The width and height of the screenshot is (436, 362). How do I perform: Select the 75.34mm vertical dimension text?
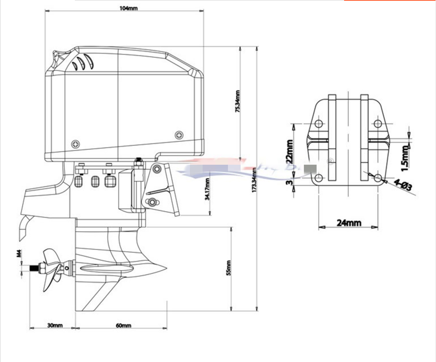(x=238, y=101)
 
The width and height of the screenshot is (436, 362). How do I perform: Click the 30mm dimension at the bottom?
(x=54, y=325)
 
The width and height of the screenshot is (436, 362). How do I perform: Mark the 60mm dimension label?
(x=123, y=325)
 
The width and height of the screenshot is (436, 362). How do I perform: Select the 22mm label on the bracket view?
(x=289, y=151)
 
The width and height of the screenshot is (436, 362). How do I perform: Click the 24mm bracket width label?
(x=348, y=223)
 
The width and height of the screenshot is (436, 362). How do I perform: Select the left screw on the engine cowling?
(x=75, y=144)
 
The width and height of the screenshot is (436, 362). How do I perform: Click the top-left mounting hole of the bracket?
(x=318, y=124)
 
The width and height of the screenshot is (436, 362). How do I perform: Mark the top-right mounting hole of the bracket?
(x=378, y=124)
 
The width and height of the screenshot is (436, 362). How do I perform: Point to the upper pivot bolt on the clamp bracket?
(x=157, y=169)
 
